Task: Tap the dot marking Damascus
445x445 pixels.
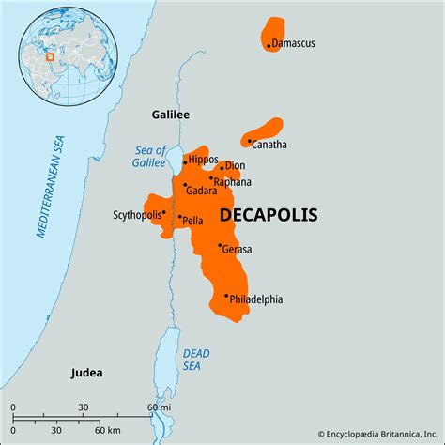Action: pos(269,45)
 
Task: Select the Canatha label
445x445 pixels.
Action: pos(270,145)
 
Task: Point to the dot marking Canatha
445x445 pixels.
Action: pos(250,142)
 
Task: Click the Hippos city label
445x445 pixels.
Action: pos(203,161)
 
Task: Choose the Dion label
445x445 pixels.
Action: pos(235,166)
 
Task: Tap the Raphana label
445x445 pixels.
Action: pos(232,182)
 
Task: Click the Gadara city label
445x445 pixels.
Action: pos(203,191)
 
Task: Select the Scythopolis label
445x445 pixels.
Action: pos(136,213)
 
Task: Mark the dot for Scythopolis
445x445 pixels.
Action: pos(164,212)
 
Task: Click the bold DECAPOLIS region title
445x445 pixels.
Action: pos(268,215)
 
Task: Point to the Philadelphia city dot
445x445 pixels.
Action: pos(226,296)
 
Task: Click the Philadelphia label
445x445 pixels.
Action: pos(256,299)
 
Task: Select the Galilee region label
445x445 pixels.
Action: pos(171,115)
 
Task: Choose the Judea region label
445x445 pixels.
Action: pos(86,373)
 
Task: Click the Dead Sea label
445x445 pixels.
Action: pos(192,359)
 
